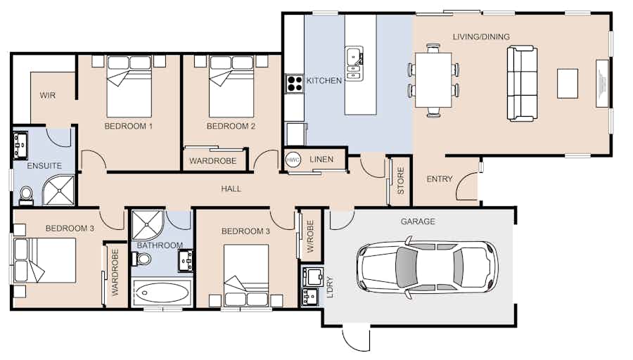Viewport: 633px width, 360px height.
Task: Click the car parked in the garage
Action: click(427, 268)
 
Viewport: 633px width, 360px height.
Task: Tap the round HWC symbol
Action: click(293, 160)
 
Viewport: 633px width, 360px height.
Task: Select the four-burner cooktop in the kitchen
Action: click(294, 84)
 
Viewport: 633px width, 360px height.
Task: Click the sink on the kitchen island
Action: click(354, 63)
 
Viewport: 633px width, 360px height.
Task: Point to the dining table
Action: click(433, 80)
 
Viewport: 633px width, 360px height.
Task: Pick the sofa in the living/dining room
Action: click(522, 84)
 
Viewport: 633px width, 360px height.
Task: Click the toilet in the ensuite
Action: click(26, 195)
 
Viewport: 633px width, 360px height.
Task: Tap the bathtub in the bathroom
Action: click(161, 292)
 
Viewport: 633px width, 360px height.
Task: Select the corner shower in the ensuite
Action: click(59, 190)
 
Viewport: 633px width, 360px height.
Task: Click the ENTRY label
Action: click(439, 179)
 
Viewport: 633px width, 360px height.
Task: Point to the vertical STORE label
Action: click(400, 181)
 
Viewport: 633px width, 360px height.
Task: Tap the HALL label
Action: click(231, 188)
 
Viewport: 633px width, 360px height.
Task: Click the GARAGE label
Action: click(418, 221)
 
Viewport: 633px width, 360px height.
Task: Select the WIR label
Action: click(48, 95)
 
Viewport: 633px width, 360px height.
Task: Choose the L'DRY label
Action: click(330, 287)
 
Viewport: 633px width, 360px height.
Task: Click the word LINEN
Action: click(321, 160)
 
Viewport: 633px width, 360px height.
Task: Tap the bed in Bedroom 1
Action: click(129, 86)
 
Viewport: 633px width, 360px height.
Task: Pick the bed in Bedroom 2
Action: click(231, 86)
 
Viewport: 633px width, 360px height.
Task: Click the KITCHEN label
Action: click(324, 81)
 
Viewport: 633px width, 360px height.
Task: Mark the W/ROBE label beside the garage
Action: click(310, 236)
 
